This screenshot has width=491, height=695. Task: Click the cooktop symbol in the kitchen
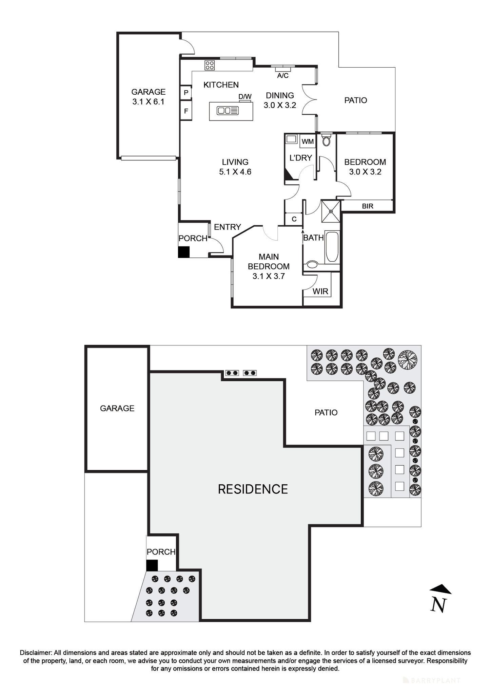point(210,65)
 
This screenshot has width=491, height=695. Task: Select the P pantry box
point(186,93)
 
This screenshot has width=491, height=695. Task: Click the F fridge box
point(186,111)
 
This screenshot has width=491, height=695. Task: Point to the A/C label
point(283,76)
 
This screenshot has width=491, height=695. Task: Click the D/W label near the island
point(245,97)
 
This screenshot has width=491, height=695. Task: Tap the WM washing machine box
point(308,141)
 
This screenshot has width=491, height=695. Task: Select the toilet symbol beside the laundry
point(326,140)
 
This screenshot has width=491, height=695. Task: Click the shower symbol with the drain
point(331,211)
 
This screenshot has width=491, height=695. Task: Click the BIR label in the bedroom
point(368,206)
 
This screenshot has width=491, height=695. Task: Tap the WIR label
point(320,292)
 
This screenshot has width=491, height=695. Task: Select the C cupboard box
point(294,219)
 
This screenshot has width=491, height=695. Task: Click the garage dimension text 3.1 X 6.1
point(148,102)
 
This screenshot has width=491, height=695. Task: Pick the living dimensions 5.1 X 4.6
point(235,172)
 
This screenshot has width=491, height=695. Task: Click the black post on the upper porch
point(184,252)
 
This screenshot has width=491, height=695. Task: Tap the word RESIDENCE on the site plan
point(253,489)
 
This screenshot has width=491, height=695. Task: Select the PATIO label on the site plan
point(326,413)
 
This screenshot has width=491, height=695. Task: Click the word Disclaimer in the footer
point(36,653)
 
